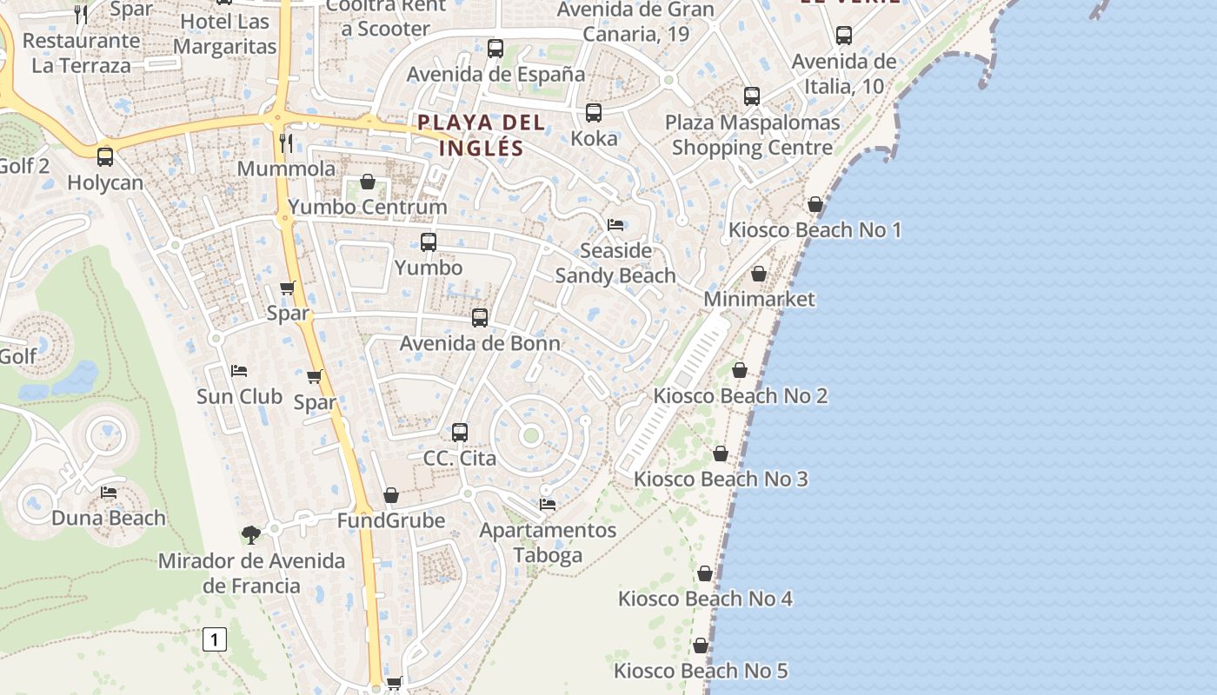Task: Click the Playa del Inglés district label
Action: click(481, 135)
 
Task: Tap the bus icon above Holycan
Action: click(105, 157)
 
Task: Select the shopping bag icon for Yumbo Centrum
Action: click(368, 182)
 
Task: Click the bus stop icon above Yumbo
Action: click(428, 242)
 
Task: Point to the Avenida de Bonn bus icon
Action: click(479, 318)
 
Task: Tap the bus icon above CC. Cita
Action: click(460, 432)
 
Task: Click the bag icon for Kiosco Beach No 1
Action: click(815, 204)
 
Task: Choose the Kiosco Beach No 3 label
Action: click(721, 479)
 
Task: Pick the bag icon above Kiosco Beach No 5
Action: click(700, 645)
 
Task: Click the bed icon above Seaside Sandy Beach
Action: click(615, 225)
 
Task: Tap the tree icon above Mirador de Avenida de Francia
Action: click(251, 534)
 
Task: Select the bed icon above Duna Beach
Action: click(109, 493)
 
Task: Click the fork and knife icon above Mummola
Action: click(286, 142)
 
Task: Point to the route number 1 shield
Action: click(214, 640)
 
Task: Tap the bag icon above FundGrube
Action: click(391, 495)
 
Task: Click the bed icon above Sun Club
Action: click(239, 371)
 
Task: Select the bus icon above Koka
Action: click(594, 113)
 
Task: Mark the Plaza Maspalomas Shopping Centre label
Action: click(753, 135)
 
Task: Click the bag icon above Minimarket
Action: click(759, 274)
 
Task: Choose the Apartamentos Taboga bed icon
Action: click(548, 504)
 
